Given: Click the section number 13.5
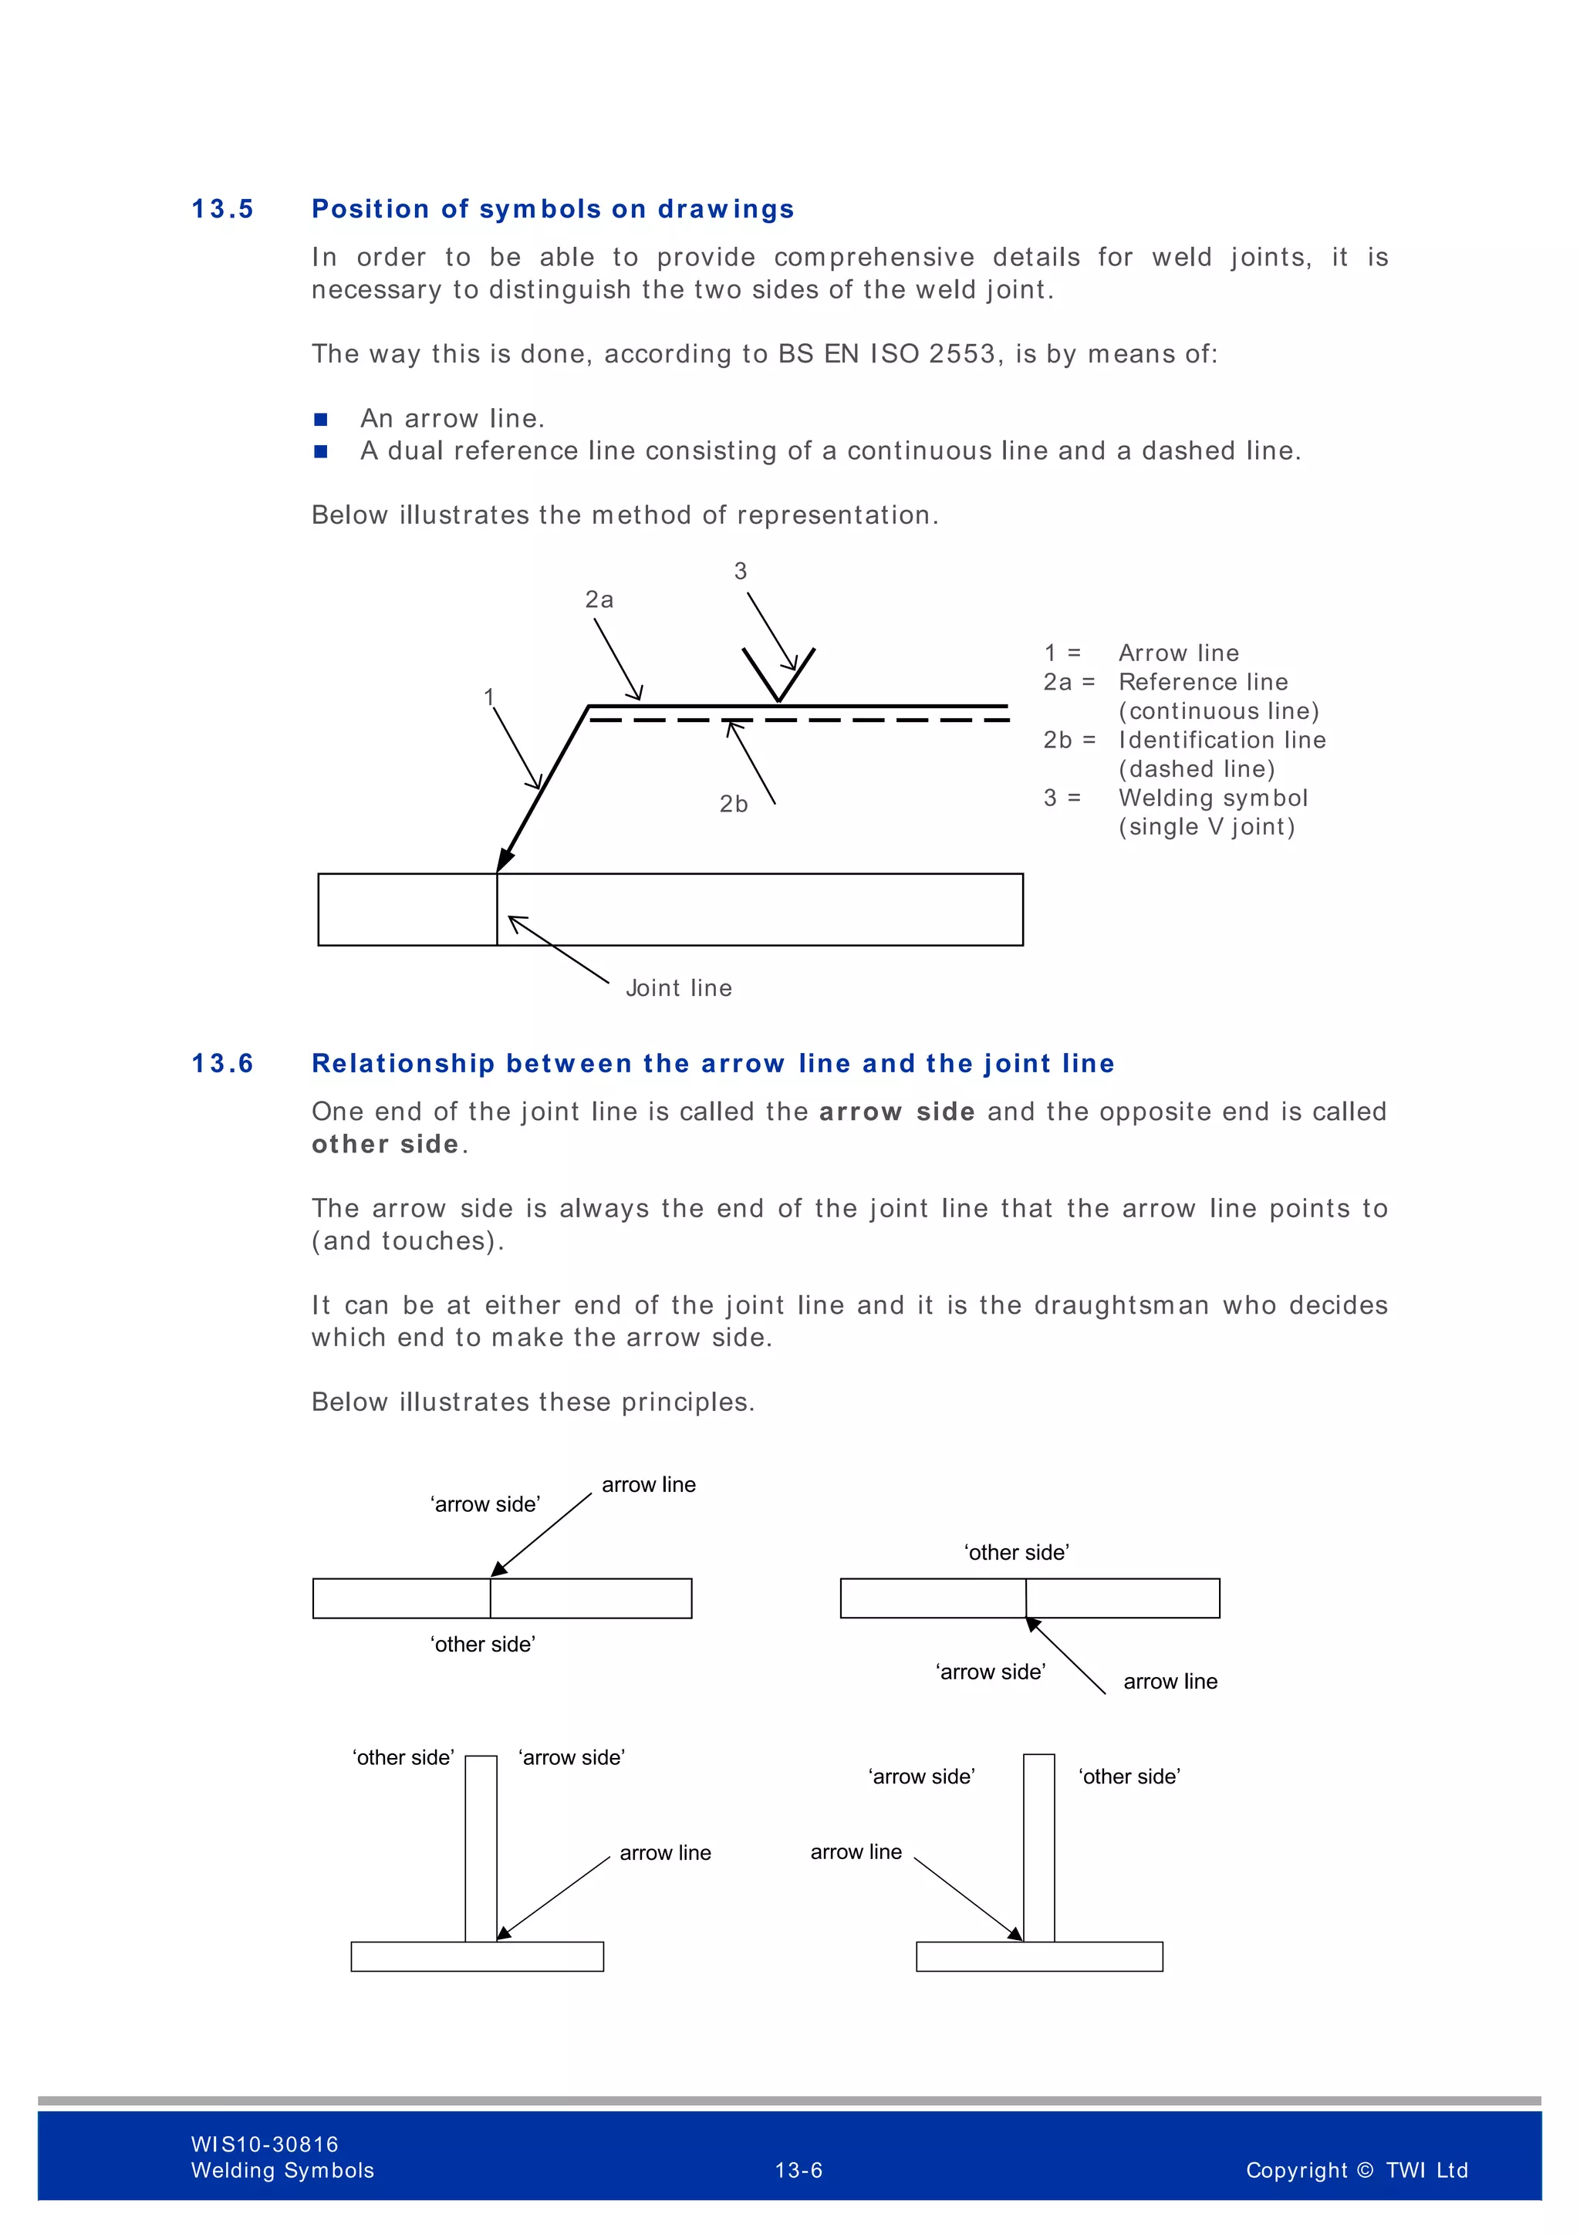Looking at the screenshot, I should (x=222, y=209).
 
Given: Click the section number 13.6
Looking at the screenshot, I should (x=222, y=1064).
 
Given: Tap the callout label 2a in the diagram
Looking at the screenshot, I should (x=599, y=600).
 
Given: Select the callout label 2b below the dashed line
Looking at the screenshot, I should (x=734, y=805).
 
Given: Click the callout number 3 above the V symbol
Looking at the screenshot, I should (x=741, y=571).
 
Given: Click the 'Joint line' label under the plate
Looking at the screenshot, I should (x=678, y=989).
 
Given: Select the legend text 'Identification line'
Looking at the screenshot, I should (x=1222, y=741).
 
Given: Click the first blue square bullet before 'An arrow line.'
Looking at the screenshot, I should (x=321, y=420).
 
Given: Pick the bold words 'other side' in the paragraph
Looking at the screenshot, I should (x=385, y=1144).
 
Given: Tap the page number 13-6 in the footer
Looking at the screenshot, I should (x=798, y=2171).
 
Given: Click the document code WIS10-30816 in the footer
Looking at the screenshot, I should (x=265, y=2145).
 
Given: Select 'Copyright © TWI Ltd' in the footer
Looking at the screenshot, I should (x=1356, y=2171).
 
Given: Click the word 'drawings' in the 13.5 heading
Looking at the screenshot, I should (x=726, y=209).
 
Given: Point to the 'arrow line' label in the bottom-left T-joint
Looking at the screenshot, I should (x=666, y=1853).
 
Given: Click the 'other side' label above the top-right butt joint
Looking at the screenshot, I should (x=1017, y=1553).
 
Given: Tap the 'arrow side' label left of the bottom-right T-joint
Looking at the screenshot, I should (x=921, y=1777).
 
